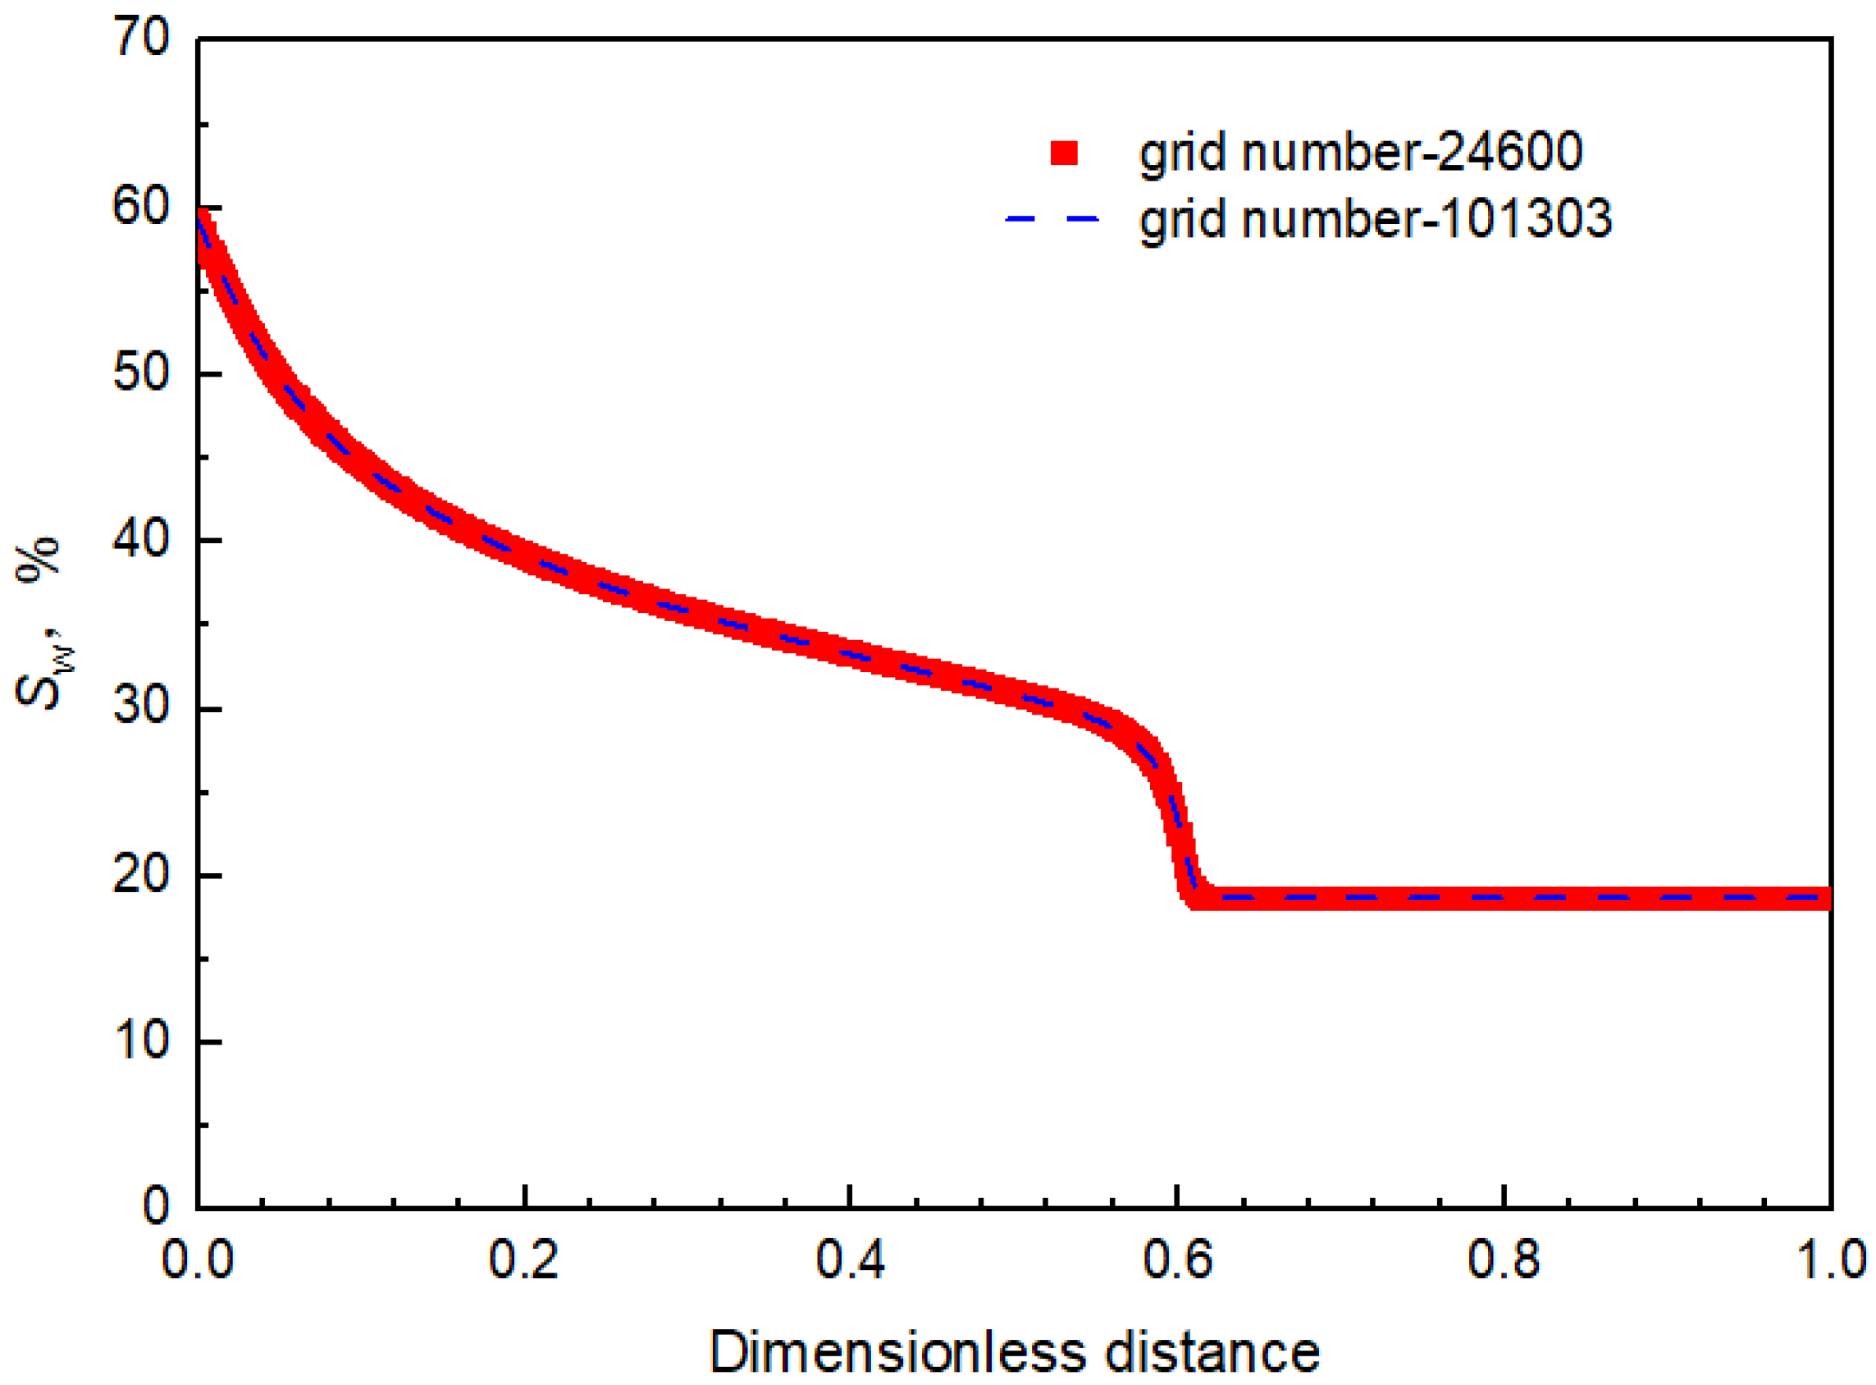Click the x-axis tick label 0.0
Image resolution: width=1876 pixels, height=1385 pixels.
tap(197, 1260)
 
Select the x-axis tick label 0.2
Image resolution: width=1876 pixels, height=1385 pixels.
tap(524, 1260)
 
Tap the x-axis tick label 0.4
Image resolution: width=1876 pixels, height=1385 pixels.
tap(850, 1260)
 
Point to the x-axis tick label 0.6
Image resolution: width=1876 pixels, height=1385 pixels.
tap(1177, 1260)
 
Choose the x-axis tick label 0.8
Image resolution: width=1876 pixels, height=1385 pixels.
tap(1504, 1260)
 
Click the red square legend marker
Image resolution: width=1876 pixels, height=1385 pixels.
tap(1064, 153)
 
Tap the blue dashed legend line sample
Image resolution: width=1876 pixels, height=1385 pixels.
tap(1052, 219)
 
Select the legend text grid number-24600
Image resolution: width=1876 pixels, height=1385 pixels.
tap(1361, 153)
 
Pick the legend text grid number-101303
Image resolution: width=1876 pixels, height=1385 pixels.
tap(1376, 220)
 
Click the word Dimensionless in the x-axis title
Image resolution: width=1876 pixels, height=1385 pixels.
tap(897, 1352)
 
